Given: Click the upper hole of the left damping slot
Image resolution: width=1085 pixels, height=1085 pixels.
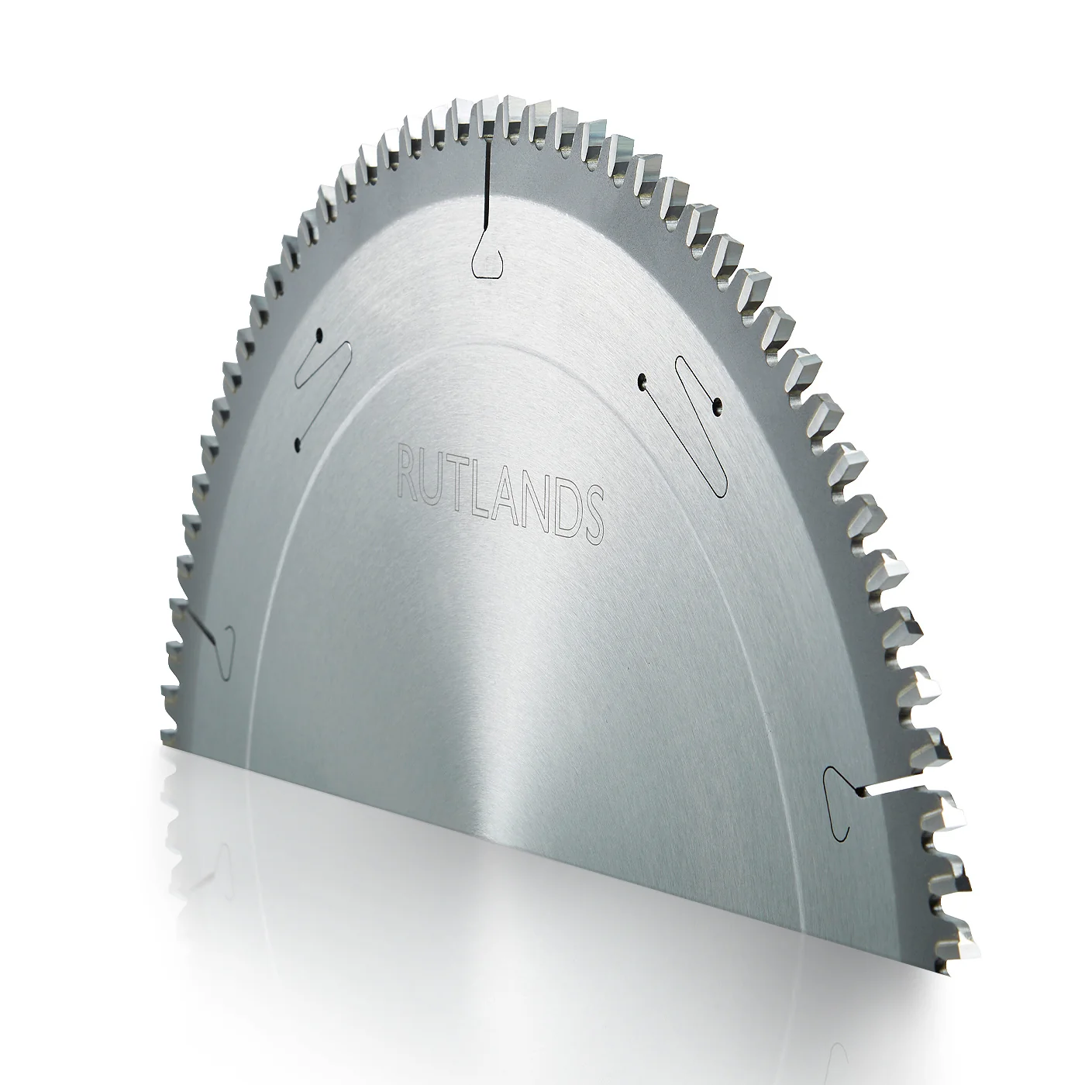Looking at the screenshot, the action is pos(319,336).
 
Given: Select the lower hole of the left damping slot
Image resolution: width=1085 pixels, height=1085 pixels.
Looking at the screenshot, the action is pos(298,446).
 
